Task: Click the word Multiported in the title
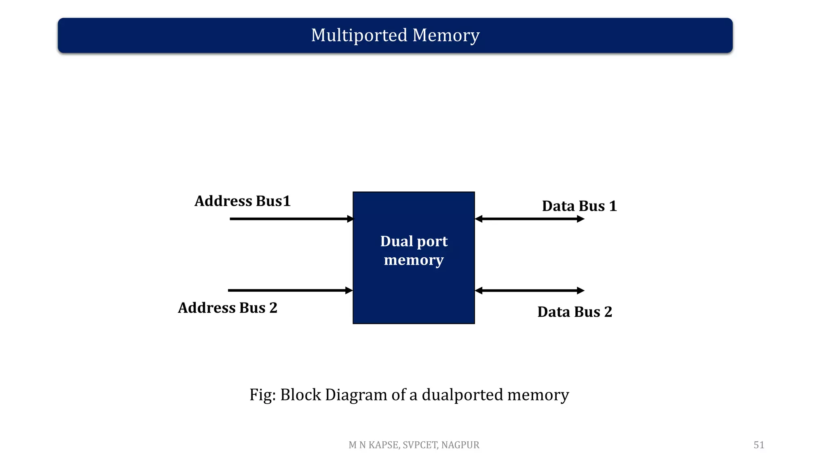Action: point(359,35)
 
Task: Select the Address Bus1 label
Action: point(243,201)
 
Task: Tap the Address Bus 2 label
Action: point(228,308)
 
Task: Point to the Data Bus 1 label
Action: point(579,206)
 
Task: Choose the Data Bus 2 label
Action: point(575,312)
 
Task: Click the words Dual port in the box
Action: point(414,241)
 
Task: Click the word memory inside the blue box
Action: point(414,260)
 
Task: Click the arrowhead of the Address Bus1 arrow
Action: point(350,219)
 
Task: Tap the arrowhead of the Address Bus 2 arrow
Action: point(349,290)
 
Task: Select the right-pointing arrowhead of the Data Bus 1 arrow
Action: point(581,219)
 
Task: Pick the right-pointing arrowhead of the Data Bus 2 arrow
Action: point(581,290)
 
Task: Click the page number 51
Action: point(758,445)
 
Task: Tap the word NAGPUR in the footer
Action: point(460,445)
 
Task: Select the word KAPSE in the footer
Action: point(384,445)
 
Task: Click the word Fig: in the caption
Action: point(262,395)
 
